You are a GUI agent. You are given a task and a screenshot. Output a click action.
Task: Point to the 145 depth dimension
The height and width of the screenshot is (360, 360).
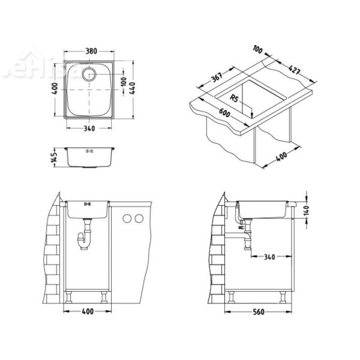(54, 158)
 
